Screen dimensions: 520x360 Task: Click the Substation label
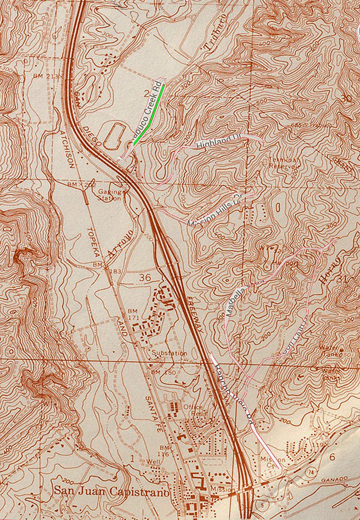coord(170,353)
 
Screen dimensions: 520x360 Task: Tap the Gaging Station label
coord(110,195)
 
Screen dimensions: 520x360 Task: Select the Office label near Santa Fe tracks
coord(193,407)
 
